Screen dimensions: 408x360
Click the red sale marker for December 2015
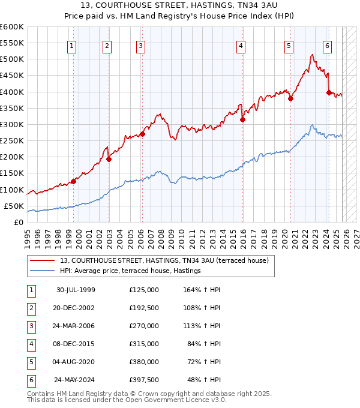click(243, 119)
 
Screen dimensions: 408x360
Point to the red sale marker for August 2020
click(290, 99)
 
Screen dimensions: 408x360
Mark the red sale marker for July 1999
click(73, 181)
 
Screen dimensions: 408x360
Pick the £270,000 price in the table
click(144, 326)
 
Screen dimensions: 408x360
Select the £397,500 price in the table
click(144, 380)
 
